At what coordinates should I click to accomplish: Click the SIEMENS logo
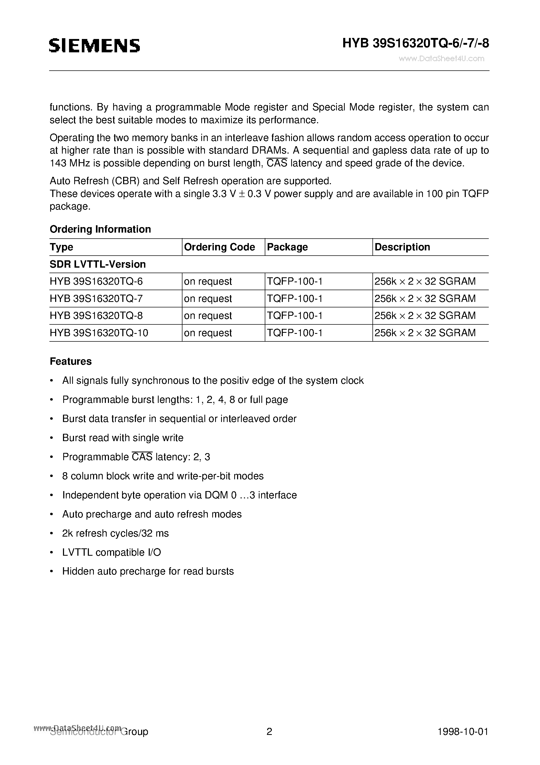click(95, 46)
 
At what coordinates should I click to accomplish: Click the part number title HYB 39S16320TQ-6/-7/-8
click(416, 44)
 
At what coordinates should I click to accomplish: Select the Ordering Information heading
click(100, 229)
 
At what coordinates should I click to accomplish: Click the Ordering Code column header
click(219, 247)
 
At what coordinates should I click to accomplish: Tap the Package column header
click(287, 247)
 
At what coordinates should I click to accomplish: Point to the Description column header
click(402, 247)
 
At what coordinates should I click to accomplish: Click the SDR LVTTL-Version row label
click(97, 264)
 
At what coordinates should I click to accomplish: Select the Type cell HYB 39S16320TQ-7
click(96, 299)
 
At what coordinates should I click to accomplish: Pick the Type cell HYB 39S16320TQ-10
click(99, 333)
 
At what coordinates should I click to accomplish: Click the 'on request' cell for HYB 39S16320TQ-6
click(208, 282)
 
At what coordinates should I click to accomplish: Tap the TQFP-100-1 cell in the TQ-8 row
click(295, 316)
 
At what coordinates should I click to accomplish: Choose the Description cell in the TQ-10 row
click(425, 333)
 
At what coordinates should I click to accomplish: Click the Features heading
click(71, 362)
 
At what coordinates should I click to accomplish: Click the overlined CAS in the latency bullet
click(142, 457)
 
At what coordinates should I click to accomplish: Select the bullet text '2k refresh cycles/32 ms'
click(115, 533)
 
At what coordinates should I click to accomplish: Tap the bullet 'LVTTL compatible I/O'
click(112, 552)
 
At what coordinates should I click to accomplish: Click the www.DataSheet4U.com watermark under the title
click(441, 59)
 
